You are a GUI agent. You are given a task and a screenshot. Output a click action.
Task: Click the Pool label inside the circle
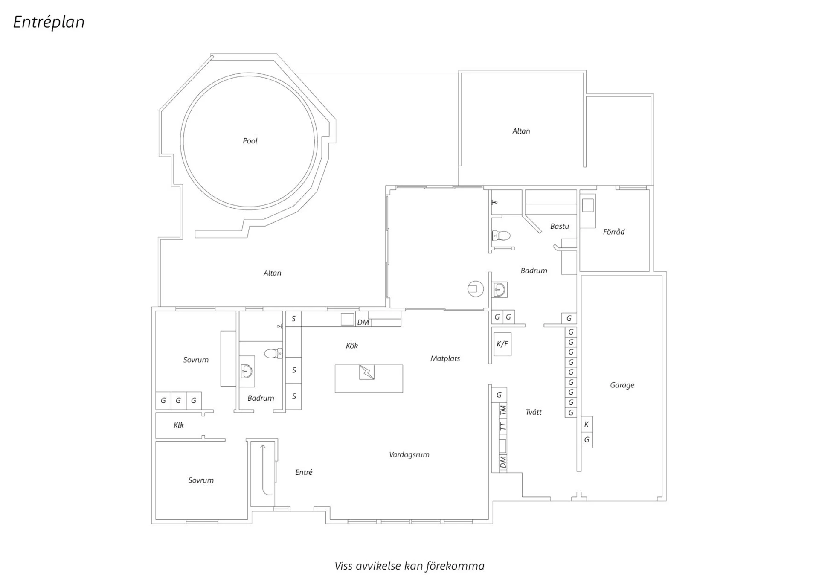250,141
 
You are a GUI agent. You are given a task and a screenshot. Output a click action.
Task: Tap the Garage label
622,385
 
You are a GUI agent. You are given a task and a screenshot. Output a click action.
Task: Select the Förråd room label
613,232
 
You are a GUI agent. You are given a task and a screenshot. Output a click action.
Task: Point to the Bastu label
559,226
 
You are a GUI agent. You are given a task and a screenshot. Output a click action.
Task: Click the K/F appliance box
502,344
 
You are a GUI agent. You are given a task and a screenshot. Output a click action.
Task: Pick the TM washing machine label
503,410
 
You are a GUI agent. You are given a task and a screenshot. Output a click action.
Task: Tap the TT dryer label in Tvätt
503,426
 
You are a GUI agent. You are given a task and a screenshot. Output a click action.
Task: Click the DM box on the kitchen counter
363,323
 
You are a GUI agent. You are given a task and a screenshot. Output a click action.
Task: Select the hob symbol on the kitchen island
366,372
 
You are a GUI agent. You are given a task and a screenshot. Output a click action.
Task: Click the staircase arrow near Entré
263,469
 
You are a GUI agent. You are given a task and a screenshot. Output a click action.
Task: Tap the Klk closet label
178,425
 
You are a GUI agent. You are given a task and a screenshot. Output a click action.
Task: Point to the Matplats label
445,358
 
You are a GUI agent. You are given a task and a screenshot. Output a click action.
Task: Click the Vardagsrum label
409,455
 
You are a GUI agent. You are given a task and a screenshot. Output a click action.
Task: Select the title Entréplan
49,22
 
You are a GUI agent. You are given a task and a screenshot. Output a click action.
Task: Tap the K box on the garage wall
587,425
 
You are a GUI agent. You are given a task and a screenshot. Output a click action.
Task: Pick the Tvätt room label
533,412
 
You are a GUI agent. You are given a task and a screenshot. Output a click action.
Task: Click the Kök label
351,346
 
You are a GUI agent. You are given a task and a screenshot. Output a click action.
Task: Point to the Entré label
304,472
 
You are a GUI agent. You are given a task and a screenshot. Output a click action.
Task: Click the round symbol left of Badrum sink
475,289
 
